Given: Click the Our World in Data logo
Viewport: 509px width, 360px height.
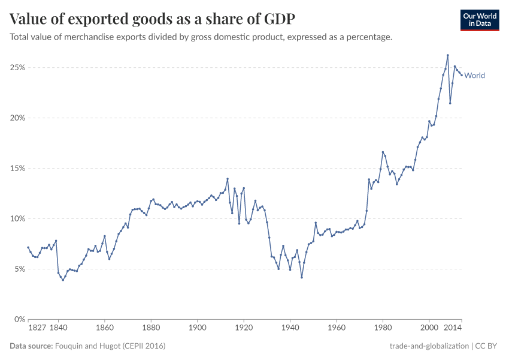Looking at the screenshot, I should [480, 20].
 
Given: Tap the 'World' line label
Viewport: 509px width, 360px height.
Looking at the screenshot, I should [474, 76].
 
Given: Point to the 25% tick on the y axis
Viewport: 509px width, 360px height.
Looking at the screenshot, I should [17, 68].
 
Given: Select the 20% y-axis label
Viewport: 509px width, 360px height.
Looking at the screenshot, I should [17, 118].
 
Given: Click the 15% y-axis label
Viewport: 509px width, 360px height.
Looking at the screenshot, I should [17, 169].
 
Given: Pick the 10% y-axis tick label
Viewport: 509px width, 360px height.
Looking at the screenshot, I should [17, 219].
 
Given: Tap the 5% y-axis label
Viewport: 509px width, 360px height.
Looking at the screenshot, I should [19, 269].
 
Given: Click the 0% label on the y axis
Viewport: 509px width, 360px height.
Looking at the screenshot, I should [19, 320].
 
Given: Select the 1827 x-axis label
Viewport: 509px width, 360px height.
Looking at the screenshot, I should [37, 328].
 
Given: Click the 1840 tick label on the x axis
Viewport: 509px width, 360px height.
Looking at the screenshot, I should [58, 328].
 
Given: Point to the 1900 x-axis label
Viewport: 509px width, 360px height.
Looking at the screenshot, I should [198, 328].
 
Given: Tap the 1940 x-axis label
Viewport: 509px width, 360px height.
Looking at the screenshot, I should [290, 328].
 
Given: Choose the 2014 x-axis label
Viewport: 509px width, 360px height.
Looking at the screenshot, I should [453, 328].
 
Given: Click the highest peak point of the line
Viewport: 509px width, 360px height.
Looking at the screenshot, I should [447, 55].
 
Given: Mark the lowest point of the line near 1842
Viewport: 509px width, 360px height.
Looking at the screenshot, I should [63, 280].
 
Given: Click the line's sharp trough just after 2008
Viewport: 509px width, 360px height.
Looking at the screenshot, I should [450, 103].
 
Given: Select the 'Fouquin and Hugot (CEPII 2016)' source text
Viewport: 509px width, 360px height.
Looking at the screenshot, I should [110, 346].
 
